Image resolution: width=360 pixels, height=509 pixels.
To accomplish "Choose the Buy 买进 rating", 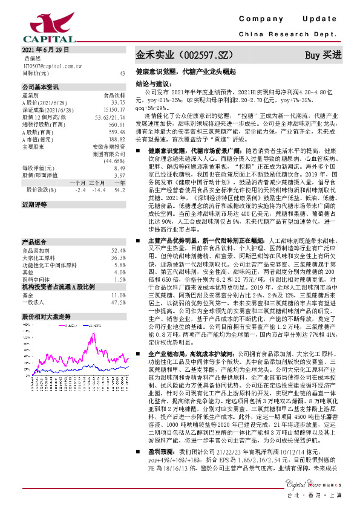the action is click(323, 55).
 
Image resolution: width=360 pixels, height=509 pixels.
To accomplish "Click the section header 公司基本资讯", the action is click(41, 87).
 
